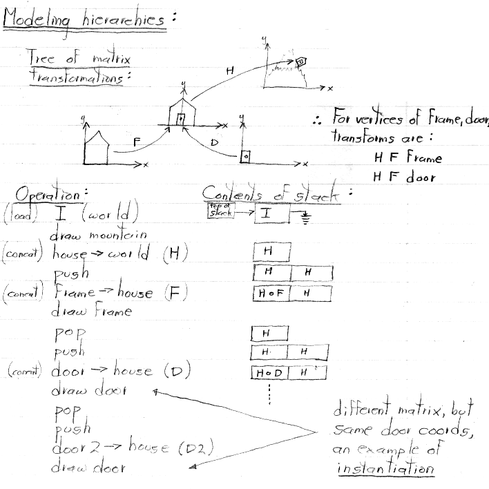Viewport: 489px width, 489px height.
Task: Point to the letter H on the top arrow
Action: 229,70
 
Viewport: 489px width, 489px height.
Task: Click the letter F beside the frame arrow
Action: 137,141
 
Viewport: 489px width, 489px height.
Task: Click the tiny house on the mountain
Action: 300,63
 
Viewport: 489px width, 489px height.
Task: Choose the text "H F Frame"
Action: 407,157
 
